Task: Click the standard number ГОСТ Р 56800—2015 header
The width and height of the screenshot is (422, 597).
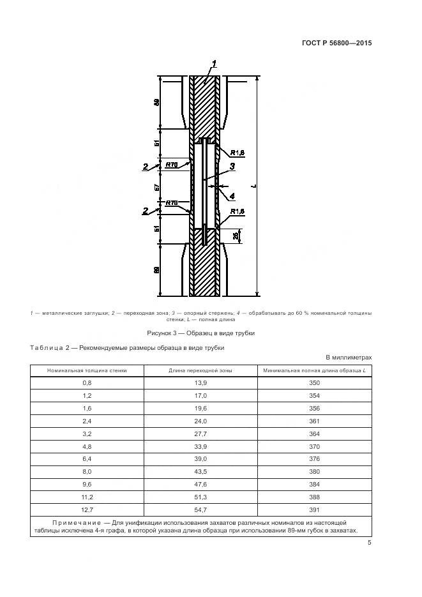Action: tap(336, 43)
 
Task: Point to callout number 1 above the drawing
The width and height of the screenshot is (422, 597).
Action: tap(215, 63)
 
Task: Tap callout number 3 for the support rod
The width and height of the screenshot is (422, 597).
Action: tap(232, 166)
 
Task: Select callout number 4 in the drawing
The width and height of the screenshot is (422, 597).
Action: tap(232, 196)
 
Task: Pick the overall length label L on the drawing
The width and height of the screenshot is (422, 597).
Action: tap(254, 186)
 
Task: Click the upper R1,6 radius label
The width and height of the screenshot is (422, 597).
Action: tap(237, 153)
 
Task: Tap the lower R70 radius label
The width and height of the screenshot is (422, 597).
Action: tap(171, 203)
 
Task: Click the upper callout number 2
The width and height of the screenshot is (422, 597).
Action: tap(146, 167)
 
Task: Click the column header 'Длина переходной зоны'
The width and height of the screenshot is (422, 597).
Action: tap(200, 370)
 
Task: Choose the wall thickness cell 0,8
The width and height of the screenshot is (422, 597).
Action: tap(87, 382)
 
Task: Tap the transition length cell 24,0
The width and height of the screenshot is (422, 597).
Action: tap(200, 421)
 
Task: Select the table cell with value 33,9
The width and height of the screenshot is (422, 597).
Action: tap(200, 446)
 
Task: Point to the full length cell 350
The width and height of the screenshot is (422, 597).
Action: tap(313, 382)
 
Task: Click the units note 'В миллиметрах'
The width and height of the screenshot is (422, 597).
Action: tap(349, 358)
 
